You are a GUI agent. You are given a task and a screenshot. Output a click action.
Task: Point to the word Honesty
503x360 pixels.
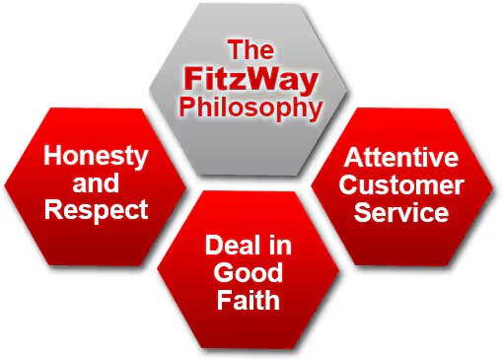click(96, 156)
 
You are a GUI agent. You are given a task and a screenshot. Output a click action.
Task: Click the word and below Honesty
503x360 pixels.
click(96, 182)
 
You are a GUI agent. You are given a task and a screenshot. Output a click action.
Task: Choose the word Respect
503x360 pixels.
click(96, 209)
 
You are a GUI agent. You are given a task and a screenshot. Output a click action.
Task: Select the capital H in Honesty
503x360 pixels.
click(53, 156)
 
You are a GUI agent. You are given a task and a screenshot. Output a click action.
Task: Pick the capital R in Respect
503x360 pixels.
click(53, 209)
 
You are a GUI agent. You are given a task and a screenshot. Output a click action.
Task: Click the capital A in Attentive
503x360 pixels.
click(352, 158)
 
